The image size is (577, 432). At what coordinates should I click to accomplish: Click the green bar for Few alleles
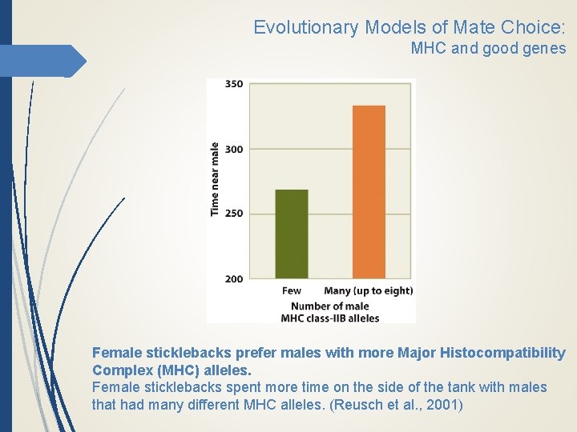292,234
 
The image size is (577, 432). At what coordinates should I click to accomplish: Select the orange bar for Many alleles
369,192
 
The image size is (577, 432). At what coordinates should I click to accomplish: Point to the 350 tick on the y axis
234,84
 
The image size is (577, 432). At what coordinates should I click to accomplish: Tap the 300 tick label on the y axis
234,149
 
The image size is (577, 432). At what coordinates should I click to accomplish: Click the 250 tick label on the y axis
234,214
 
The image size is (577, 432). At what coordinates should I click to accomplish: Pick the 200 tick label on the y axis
234,278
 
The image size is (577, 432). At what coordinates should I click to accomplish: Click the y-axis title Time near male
215,178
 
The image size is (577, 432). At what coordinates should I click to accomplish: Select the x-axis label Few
292,290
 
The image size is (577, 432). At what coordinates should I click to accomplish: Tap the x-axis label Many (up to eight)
368,290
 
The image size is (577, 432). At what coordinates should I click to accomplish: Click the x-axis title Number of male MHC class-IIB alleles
330,312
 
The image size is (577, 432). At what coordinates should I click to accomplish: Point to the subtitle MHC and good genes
488,49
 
